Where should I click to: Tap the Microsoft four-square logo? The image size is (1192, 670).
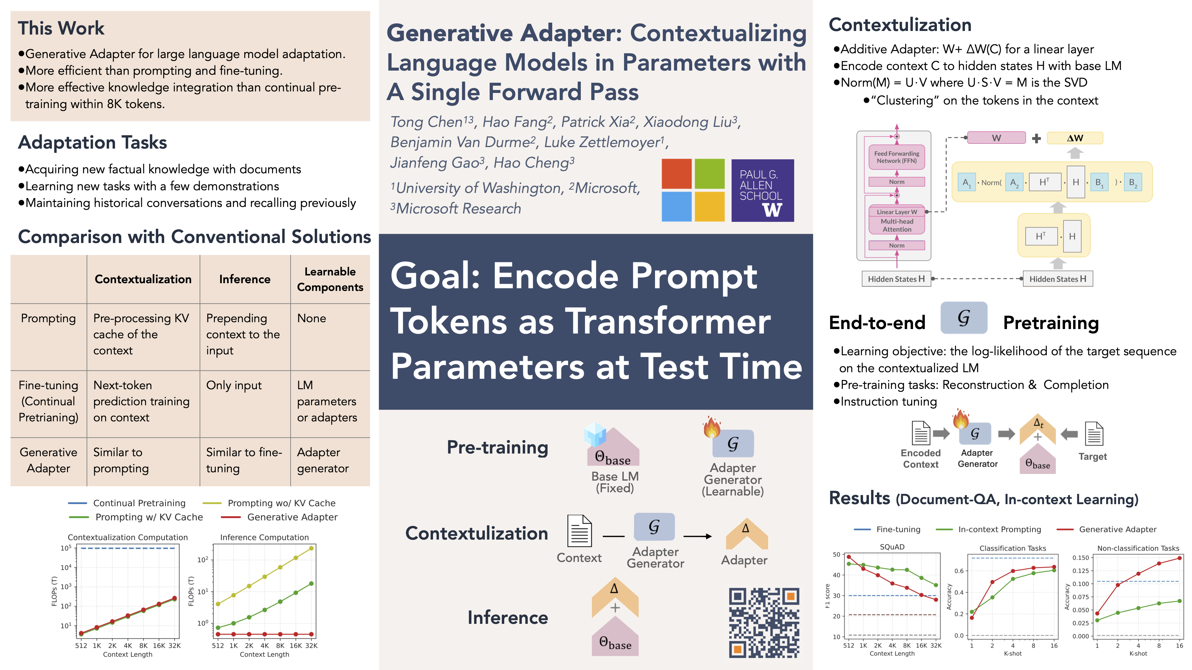693,190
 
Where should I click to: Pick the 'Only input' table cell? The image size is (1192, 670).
234,385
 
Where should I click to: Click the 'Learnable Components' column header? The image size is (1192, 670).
330,279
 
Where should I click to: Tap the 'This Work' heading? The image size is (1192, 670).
61,28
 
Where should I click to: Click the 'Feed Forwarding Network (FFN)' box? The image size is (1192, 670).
896,157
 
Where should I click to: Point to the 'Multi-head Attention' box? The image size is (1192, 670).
896,225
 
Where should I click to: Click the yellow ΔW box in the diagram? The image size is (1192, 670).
1075,138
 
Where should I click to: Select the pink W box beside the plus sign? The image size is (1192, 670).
996,138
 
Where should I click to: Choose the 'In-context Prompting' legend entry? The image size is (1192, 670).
988,529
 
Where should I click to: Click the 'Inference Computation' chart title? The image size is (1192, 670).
264,537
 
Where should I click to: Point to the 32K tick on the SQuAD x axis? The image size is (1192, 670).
936,646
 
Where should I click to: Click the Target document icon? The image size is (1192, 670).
1094,434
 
